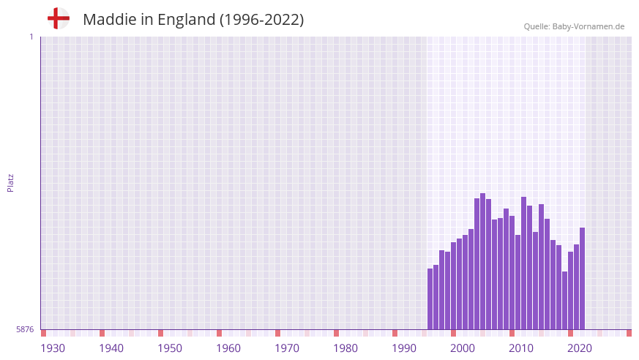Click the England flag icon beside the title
point(59,18)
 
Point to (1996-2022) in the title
point(261,20)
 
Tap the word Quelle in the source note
point(537,26)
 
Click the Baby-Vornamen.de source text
point(589,26)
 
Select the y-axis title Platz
point(10,182)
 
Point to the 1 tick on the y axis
point(31,37)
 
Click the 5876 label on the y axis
point(25,330)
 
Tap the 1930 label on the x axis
point(53,348)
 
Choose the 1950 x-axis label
point(170,348)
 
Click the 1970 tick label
point(287,348)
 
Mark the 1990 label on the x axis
point(404,348)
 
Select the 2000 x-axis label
point(463,348)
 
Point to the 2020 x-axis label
point(580,348)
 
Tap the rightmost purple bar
point(582,278)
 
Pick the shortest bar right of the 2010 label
point(564,300)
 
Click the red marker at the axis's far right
point(629,333)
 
